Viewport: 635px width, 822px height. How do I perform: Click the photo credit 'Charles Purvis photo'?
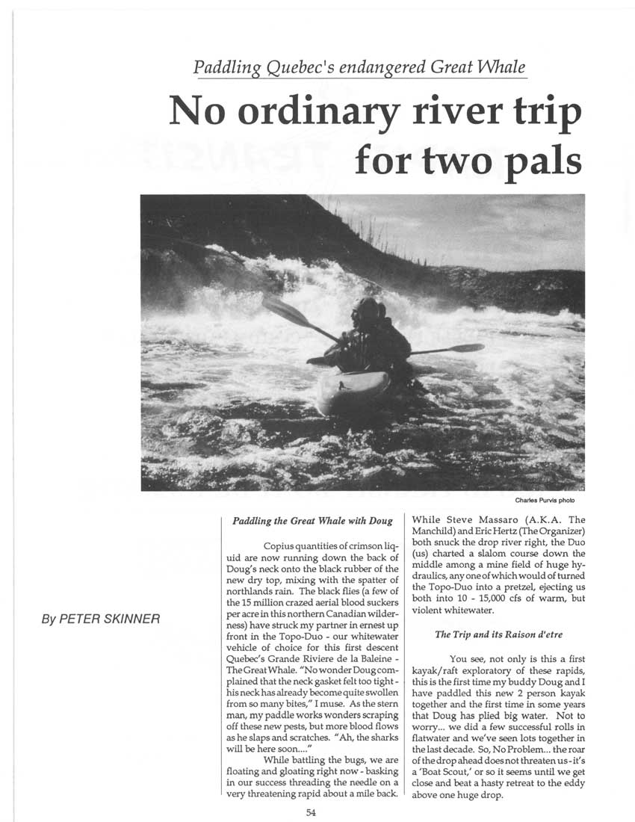(x=550, y=500)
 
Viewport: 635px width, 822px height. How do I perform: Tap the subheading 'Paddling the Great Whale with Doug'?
(x=312, y=519)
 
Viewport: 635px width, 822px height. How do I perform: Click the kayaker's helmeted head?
(x=368, y=308)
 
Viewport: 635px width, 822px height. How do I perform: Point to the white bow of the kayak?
(x=347, y=392)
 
